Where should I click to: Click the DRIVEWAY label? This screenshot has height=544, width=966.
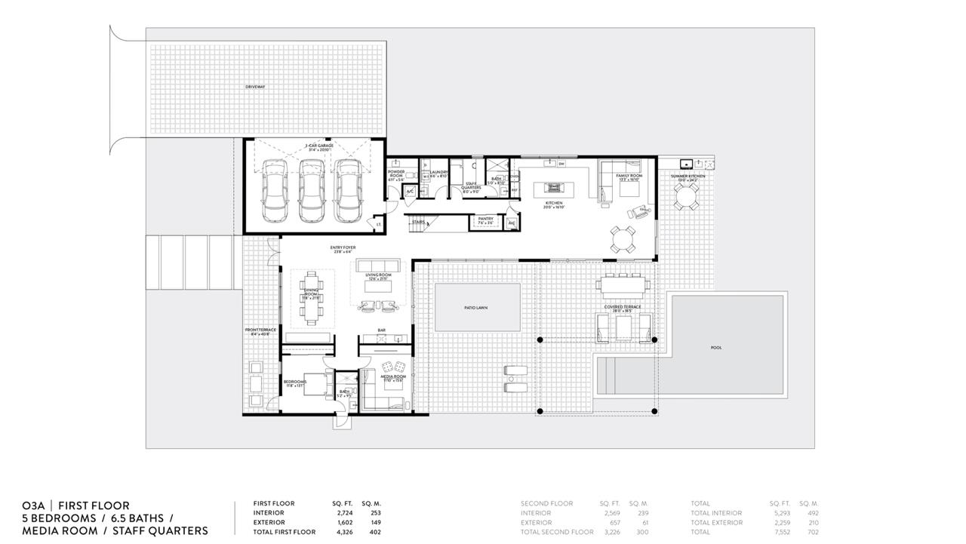click(255, 87)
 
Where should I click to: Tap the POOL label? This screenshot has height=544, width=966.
click(715, 348)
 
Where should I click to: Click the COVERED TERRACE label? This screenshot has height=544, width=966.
click(623, 307)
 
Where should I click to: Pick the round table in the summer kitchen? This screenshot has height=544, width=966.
click(686, 198)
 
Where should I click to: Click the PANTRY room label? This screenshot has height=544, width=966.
click(486, 219)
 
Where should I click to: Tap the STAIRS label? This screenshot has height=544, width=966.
click(418, 223)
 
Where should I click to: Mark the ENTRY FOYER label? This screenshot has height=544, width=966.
click(343, 247)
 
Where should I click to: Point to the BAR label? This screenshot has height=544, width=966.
click(383, 330)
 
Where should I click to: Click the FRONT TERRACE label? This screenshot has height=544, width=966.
click(260, 330)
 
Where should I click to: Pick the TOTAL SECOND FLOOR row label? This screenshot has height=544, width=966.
click(557, 532)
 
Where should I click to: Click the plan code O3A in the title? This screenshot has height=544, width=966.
click(33, 506)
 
